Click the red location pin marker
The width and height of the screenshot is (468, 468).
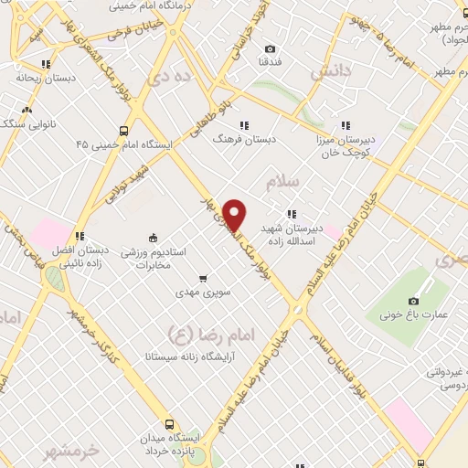pos(235,215)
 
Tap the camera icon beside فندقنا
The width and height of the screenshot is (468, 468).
pos(269,48)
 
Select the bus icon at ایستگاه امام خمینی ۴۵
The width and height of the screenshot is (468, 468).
pos(124,130)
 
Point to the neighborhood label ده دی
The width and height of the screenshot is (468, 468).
pos(173,80)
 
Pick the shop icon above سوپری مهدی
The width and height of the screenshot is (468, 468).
pos(203,278)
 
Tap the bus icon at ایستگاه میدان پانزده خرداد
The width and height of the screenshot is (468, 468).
pos(169,423)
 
